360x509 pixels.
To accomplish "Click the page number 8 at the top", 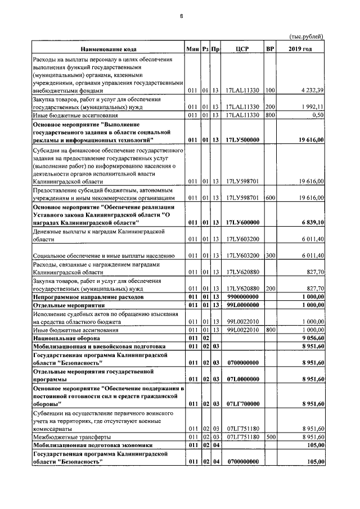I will point(181,16).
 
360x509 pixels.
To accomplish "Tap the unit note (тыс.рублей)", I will point(307,37).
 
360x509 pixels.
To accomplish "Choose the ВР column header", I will point(270,49).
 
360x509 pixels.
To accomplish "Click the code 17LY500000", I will point(242,139).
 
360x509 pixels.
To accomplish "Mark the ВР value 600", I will point(270,198).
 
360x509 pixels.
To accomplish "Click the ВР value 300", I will point(270,255).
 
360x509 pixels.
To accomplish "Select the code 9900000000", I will point(242,296).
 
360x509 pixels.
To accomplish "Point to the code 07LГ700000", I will point(242,404).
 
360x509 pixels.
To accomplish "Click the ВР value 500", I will point(270,436).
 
